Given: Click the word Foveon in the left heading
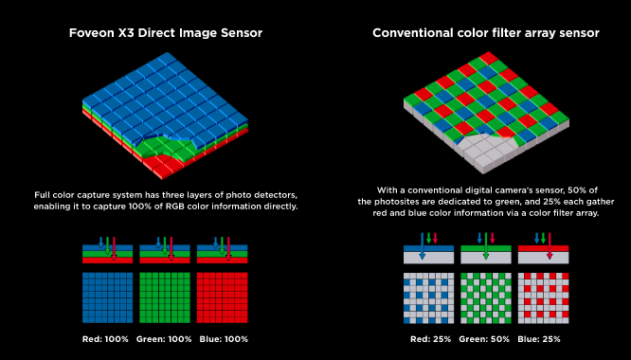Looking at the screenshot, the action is click(x=89, y=32).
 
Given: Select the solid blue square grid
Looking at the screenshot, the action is click(x=107, y=297).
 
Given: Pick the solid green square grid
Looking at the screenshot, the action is click(x=165, y=297).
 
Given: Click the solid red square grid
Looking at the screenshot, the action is click(x=222, y=297).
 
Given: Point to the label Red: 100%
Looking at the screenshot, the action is click(x=105, y=339).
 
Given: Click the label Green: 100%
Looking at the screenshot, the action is click(x=164, y=339).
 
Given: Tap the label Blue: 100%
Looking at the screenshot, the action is click(x=224, y=339).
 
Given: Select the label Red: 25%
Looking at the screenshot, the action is click(x=430, y=339).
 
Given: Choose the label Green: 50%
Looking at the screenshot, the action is click(x=484, y=339).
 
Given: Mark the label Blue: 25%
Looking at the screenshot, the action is click(x=539, y=339).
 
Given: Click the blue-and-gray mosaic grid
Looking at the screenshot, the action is click(x=428, y=298).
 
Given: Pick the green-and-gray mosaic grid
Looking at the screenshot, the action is click(x=486, y=298).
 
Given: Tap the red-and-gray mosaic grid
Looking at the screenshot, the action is click(x=543, y=298).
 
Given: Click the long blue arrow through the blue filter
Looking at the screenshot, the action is click(x=422, y=245).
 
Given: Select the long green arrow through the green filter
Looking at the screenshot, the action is click(x=486, y=245).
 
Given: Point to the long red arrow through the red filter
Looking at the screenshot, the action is click(x=550, y=245).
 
